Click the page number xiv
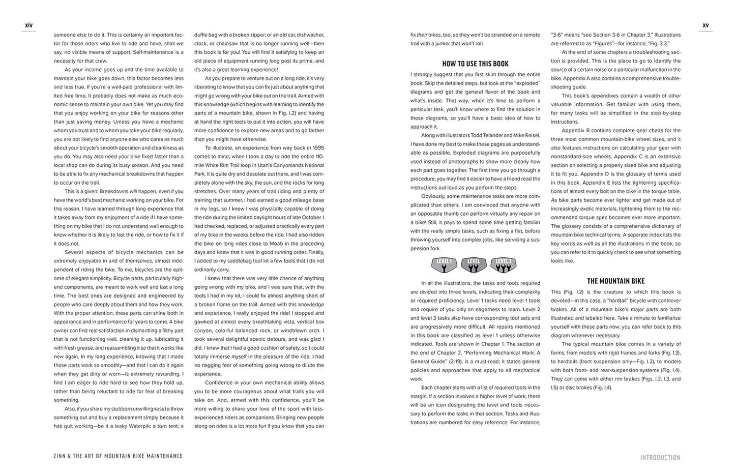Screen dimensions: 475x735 tap(28, 25)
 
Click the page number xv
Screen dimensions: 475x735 tap(705, 25)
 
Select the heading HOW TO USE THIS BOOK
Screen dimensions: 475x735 tap(475, 64)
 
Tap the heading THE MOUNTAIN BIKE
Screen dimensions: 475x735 tap(615, 281)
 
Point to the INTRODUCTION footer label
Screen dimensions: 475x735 tap(660, 458)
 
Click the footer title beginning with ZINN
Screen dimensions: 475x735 tap(118, 456)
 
